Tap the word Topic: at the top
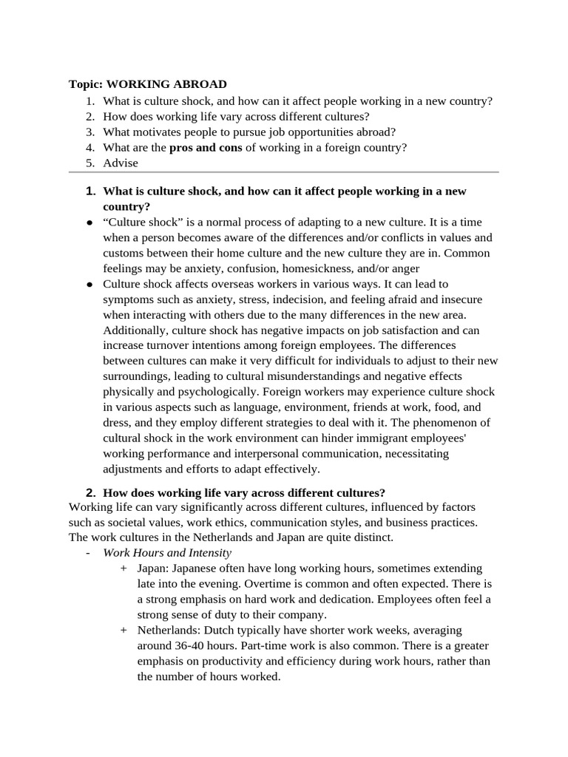click(87, 84)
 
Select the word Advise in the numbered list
click(121, 163)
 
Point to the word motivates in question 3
click(155, 132)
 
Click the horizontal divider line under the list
click(283, 172)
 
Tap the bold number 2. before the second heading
click(91, 492)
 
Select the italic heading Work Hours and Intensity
click(167, 552)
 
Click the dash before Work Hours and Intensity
click(88, 552)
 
